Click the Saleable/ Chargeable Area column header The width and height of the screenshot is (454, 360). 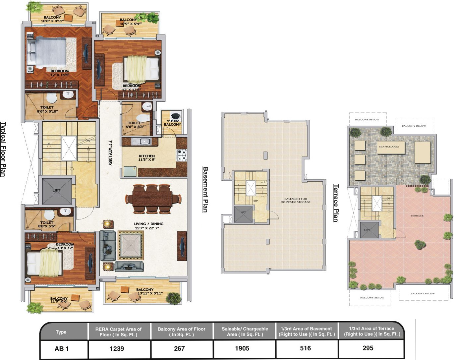point(245,331)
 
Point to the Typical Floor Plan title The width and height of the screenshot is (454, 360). point(3,149)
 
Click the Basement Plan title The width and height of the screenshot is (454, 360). point(205,190)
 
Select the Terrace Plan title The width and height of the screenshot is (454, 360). point(336,203)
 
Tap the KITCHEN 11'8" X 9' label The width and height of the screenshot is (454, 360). point(146,158)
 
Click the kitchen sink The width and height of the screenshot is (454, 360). point(141,142)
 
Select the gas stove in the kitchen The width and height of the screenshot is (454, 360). point(182,155)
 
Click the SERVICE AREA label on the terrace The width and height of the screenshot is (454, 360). point(389,147)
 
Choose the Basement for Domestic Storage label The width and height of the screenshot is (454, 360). point(295,200)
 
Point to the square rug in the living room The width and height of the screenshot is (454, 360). point(131,245)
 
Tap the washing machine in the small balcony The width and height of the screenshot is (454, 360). point(176,116)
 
